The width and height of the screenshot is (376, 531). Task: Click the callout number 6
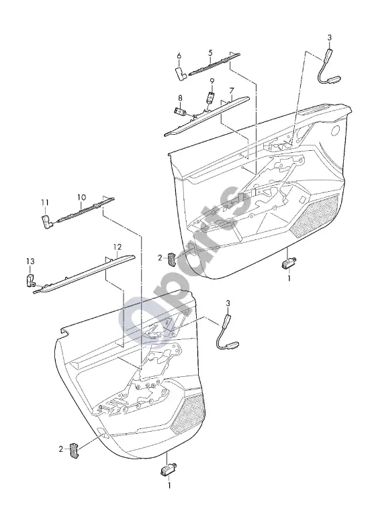pos(179,56)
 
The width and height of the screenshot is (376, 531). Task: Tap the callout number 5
pos(211,52)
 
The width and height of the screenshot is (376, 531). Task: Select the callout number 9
pos(212,81)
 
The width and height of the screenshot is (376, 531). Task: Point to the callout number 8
pos(180,98)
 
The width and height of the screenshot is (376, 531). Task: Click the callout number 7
pos(232,91)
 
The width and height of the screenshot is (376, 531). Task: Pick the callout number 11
pos(45,202)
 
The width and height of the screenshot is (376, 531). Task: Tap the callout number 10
pos(81,197)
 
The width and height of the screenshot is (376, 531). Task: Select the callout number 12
pos(117,247)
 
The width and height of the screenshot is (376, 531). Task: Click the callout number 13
pos(30,261)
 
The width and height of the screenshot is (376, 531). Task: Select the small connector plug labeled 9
pos(211,97)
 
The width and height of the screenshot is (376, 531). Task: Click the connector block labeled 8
pos(180,111)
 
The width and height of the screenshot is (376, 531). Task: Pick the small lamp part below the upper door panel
pos(289,263)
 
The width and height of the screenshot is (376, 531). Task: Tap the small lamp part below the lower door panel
pos(167,470)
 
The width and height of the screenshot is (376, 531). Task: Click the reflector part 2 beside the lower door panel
pos(75,451)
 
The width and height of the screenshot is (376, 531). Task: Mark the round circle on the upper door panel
pos(336,130)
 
